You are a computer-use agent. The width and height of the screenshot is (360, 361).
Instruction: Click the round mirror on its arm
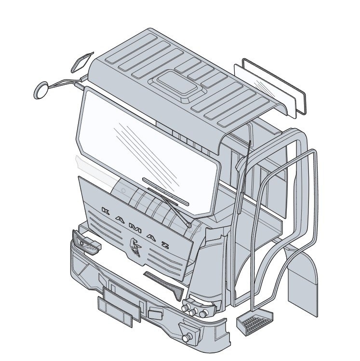(41, 90)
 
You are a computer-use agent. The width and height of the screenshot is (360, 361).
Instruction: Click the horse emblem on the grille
(135, 247)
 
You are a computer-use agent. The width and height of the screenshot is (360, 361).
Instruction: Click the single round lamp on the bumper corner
(187, 337)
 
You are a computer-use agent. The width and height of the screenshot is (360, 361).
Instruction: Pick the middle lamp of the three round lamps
(193, 312)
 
